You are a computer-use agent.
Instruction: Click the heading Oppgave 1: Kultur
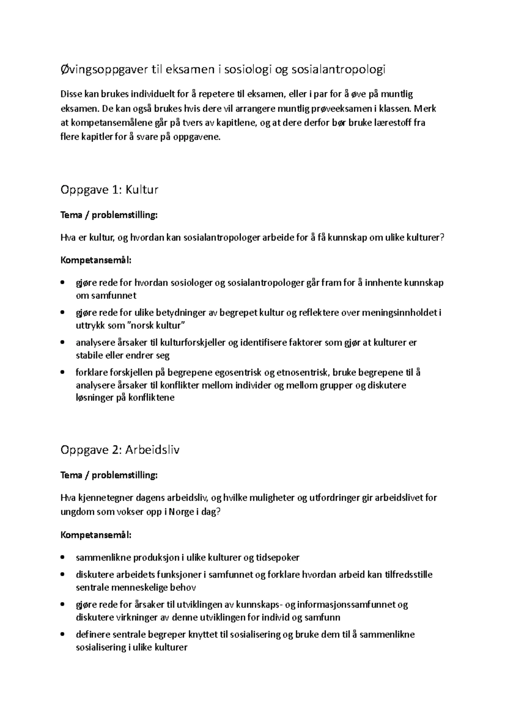109,190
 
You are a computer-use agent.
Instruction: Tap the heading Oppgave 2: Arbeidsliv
120,450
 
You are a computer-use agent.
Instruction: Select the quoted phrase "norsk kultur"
156,325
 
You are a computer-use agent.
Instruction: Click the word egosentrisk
239,372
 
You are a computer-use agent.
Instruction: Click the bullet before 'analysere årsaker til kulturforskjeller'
63,343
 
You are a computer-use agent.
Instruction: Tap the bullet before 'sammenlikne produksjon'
63,558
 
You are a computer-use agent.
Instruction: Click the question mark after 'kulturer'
441,238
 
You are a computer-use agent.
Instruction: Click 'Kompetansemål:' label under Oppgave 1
96,260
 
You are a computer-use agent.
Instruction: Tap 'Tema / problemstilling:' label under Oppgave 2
109,475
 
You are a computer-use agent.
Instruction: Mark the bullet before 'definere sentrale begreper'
63,635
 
